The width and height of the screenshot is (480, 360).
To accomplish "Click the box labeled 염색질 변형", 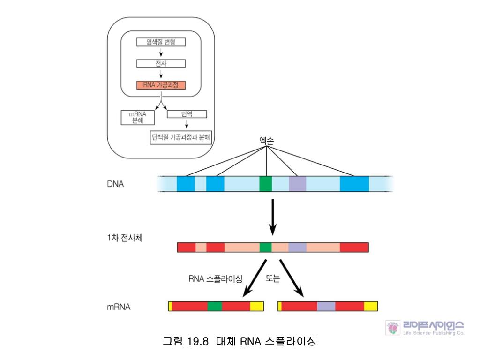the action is (161, 42).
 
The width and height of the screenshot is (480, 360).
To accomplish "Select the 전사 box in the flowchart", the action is (161, 63).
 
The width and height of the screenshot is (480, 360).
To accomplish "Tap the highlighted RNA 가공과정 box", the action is (161, 85).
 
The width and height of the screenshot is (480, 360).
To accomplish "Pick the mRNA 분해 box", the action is (138, 117).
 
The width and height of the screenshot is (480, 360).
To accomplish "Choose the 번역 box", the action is (187, 114).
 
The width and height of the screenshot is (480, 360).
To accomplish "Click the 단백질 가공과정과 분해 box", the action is (181, 137).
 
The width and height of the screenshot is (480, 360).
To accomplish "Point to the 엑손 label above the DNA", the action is (266, 141).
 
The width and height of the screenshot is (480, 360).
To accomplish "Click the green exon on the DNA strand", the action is (265, 184).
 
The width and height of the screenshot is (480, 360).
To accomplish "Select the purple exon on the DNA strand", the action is (297, 184).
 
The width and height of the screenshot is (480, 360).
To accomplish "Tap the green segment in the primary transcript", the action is (265, 247).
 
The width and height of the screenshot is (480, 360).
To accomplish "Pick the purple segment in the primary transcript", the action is (297, 247).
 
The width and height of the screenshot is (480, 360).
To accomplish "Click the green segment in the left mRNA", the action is (215, 306).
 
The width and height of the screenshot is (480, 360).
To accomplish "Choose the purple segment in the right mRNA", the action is (326, 306).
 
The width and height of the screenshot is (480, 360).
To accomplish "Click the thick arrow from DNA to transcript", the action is (272, 217).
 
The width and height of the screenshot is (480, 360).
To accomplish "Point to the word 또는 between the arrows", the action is (272, 278).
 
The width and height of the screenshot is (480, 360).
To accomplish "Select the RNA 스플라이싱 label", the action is (215, 279).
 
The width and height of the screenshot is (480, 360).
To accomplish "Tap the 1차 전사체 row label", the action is (125, 238).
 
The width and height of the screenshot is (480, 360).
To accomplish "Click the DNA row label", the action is (115, 184).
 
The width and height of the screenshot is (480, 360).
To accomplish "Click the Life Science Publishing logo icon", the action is (393, 328).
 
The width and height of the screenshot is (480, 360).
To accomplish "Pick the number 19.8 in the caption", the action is (198, 341).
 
